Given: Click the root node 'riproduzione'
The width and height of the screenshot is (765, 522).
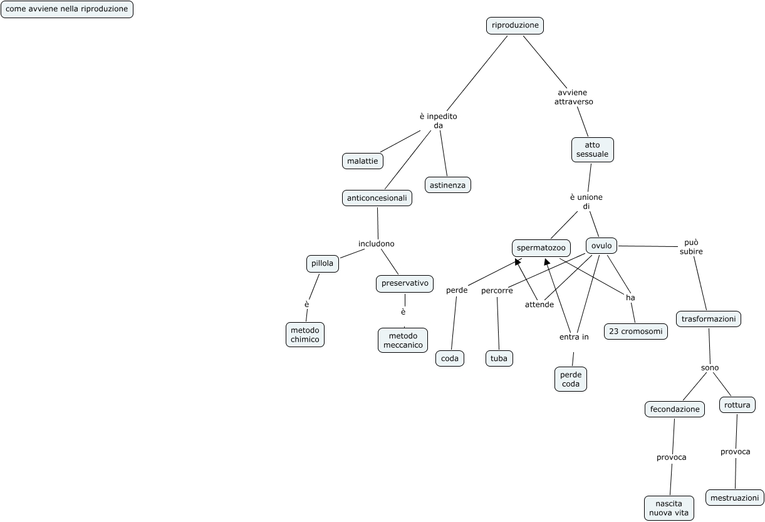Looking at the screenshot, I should coord(515,26).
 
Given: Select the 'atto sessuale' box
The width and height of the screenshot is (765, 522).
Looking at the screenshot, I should coord(592,150).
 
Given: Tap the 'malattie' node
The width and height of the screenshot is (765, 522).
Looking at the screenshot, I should coord(363,161).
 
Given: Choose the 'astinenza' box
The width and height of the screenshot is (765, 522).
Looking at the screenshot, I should coord(448,185).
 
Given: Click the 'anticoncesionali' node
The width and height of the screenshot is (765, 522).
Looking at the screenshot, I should coord(377,198).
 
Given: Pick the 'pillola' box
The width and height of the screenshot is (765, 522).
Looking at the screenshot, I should coord(323,264).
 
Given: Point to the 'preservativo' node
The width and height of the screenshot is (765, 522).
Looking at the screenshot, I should coord(405,283).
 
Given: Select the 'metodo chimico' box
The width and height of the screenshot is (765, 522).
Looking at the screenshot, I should coord(305,335).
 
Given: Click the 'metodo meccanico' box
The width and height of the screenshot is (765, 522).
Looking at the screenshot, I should coord(402,340).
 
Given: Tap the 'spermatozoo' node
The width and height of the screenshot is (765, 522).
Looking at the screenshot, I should coord(541,248).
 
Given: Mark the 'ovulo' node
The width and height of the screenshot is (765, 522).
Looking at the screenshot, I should coord(601,245).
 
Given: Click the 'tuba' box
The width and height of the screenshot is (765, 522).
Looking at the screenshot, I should coord(499,358).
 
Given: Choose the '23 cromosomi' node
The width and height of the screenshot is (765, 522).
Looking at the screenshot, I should coord(635,331).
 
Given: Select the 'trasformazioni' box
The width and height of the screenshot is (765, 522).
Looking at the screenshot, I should coord(709,319).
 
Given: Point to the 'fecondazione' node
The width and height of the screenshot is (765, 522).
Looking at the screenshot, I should coord(674,409).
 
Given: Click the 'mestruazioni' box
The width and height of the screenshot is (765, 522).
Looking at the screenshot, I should coord(735,498).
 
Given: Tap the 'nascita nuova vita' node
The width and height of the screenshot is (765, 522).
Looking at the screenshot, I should coord(669,508).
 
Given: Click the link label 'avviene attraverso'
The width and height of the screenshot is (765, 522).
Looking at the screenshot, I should coord(573,97).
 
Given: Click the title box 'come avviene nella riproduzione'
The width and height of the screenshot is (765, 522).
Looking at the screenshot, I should coord(67,9).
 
